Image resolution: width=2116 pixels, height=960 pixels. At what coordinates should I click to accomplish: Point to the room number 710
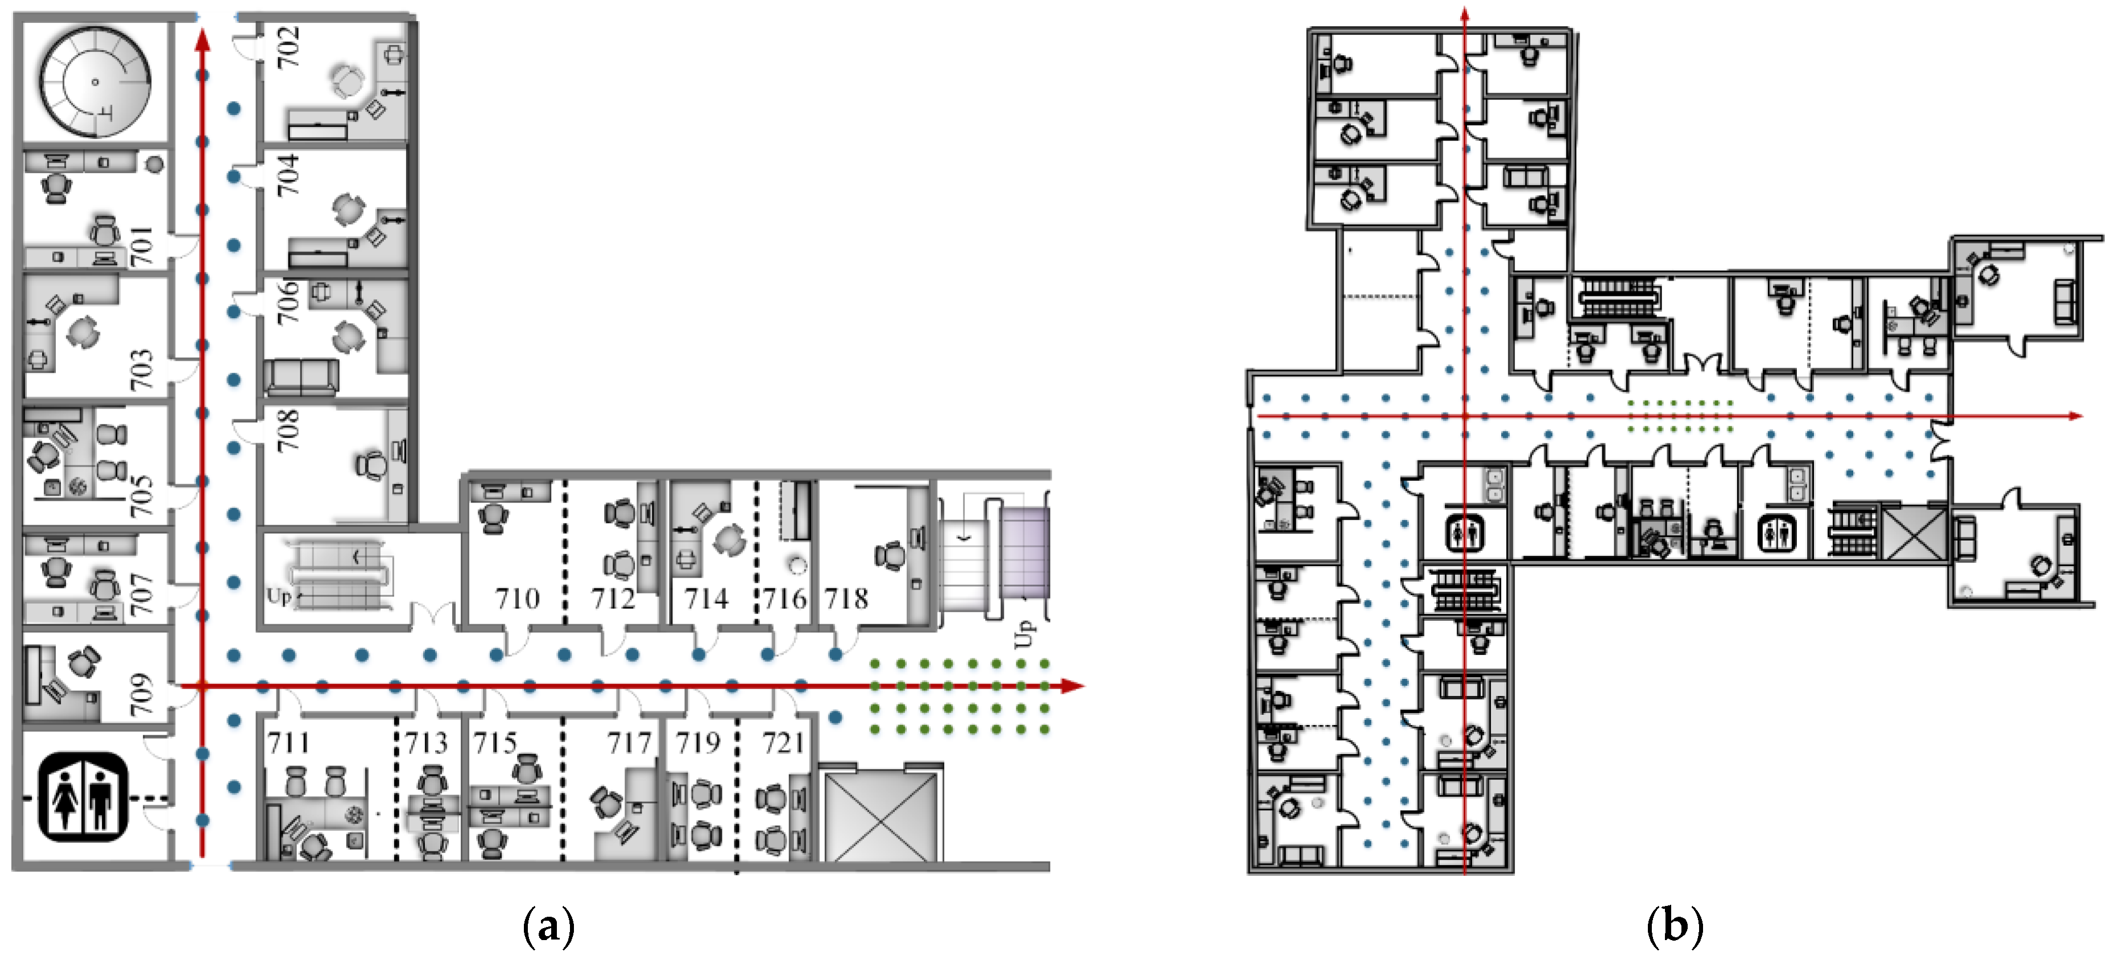(x=518, y=598)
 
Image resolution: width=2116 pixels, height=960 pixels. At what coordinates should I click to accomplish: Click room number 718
(x=847, y=598)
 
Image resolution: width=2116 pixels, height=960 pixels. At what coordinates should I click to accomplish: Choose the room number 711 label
(x=288, y=743)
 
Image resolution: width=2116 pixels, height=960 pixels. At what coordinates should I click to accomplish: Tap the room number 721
(x=783, y=743)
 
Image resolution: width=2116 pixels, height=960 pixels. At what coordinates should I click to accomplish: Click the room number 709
(x=141, y=694)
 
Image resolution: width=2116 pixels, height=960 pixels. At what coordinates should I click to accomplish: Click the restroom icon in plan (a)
(x=83, y=797)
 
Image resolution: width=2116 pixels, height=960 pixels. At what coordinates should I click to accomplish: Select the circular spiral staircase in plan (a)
(x=96, y=81)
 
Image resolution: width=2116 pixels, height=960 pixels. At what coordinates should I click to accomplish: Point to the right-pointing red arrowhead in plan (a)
(x=1072, y=686)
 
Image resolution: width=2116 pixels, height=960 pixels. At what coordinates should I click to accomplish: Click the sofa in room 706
(x=301, y=377)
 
